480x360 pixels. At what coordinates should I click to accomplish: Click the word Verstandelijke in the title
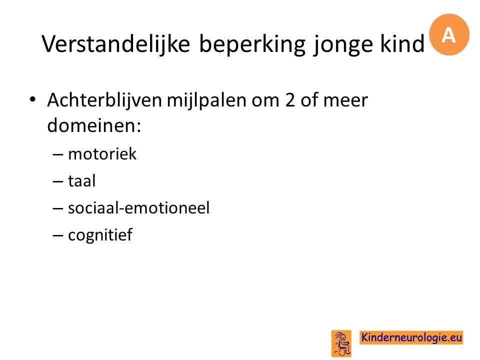(x=115, y=44)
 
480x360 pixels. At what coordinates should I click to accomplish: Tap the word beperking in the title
(x=252, y=44)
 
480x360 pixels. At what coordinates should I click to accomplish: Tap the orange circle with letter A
(x=449, y=34)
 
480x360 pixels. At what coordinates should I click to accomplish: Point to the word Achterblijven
(x=104, y=101)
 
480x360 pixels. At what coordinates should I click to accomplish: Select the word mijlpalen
(x=206, y=101)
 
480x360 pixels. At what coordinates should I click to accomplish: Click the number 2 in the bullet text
(x=290, y=100)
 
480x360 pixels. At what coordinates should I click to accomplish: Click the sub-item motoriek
(x=102, y=153)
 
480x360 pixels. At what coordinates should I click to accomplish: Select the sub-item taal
(x=81, y=180)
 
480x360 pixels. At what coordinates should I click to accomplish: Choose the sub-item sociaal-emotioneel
(x=138, y=208)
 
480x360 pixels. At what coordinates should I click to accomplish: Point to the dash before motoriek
(x=57, y=154)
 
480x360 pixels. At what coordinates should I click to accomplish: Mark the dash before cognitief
(x=57, y=235)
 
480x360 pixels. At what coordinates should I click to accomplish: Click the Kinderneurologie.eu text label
(x=411, y=337)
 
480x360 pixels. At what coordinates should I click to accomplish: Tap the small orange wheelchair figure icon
(x=341, y=343)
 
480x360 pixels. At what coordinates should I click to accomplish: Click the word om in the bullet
(x=265, y=101)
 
